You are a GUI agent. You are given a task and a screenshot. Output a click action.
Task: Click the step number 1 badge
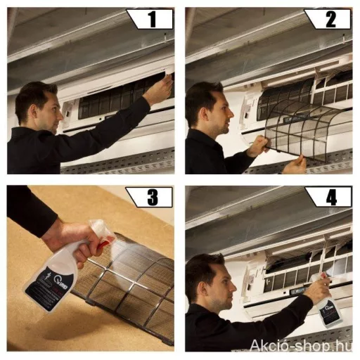click(152, 19)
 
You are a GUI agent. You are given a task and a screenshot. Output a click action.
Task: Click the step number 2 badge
click(329, 19)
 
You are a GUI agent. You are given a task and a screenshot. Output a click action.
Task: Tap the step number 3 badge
click(152, 197)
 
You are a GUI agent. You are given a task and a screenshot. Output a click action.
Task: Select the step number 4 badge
click(329, 197)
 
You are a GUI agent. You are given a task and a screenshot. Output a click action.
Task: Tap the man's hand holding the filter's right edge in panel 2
click(296, 165)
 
